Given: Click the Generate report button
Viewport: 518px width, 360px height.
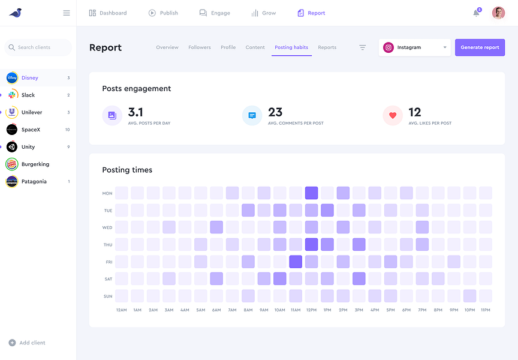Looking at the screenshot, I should (x=480, y=47).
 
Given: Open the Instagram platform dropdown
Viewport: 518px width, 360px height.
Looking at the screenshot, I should (x=415, y=47).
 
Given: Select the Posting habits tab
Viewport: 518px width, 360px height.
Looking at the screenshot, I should (x=291, y=47).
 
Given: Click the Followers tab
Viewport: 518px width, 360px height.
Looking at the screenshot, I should (x=200, y=47).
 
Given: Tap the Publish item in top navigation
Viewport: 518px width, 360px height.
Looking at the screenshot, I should (x=163, y=13).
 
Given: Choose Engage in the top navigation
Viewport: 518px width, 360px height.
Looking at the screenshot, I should (x=215, y=13).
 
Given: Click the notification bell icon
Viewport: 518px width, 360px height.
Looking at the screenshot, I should (x=476, y=13).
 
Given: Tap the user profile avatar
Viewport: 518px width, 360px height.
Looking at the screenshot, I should (x=498, y=13).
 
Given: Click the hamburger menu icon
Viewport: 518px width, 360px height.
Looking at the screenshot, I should (x=67, y=13).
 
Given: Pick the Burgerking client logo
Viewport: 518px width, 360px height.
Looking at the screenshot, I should (x=12, y=164).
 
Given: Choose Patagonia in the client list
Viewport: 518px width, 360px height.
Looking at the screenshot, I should (x=34, y=181).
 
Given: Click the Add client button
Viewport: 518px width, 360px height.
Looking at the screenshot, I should (x=28, y=343).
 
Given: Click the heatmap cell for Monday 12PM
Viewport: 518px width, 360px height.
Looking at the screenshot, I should (x=311, y=193).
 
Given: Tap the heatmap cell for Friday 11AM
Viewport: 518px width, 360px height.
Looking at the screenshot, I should (x=296, y=262).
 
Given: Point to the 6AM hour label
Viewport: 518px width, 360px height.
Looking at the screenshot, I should (x=216, y=310).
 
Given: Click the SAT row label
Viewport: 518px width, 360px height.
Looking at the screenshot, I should (x=107, y=279).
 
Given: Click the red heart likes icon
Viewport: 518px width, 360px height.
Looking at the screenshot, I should (x=393, y=116).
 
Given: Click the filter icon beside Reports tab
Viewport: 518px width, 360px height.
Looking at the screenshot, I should (x=362, y=47).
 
